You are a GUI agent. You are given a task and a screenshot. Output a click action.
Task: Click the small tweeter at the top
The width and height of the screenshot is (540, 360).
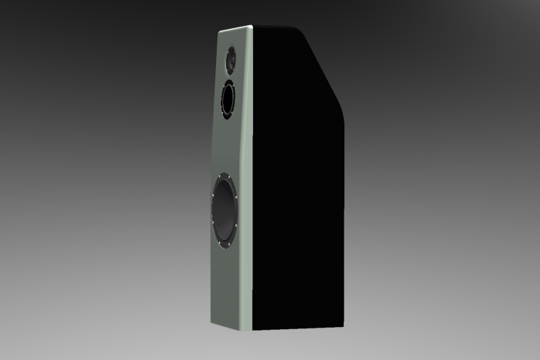tap(231, 62)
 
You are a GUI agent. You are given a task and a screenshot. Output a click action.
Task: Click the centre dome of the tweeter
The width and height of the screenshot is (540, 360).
tap(231, 62)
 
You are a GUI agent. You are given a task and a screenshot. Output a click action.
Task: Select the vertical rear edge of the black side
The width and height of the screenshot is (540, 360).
tap(346, 225)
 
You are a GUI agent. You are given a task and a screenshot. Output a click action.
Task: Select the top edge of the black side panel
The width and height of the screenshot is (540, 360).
tap(277, 26)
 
